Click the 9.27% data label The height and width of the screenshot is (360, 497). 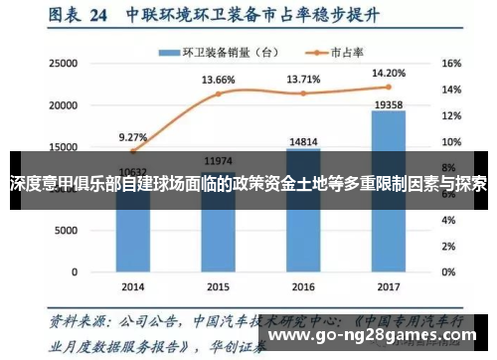(132, 137)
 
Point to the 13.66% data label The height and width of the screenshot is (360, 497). (218, 80)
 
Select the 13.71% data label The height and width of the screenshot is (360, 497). (303, 79)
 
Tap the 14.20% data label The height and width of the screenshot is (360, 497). (388, 73)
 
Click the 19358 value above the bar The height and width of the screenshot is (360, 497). (388, 102)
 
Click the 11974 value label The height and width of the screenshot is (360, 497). (218, 161)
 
